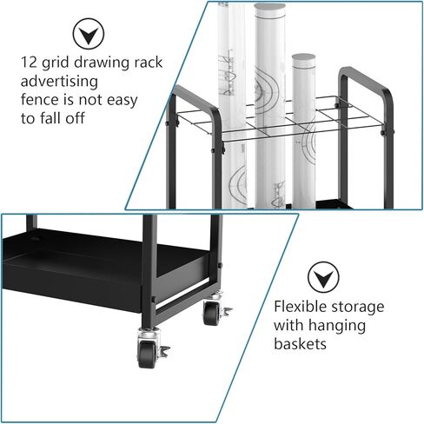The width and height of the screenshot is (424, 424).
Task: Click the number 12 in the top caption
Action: [29, 63]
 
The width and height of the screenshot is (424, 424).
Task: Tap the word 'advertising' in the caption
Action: [59, 82]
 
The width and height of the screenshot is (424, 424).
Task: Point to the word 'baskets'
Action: [301, 344]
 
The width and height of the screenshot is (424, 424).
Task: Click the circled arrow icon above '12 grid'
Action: [89, 34]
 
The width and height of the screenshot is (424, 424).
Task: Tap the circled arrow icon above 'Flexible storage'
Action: [323, 277]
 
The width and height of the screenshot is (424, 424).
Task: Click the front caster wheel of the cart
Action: [147, 354]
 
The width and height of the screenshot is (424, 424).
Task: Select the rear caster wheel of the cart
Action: [211, 314]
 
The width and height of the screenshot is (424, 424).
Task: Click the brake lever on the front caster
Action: [164, 351]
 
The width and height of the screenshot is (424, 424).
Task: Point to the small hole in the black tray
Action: [36, 239]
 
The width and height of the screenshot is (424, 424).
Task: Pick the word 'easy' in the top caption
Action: [122, 101]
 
